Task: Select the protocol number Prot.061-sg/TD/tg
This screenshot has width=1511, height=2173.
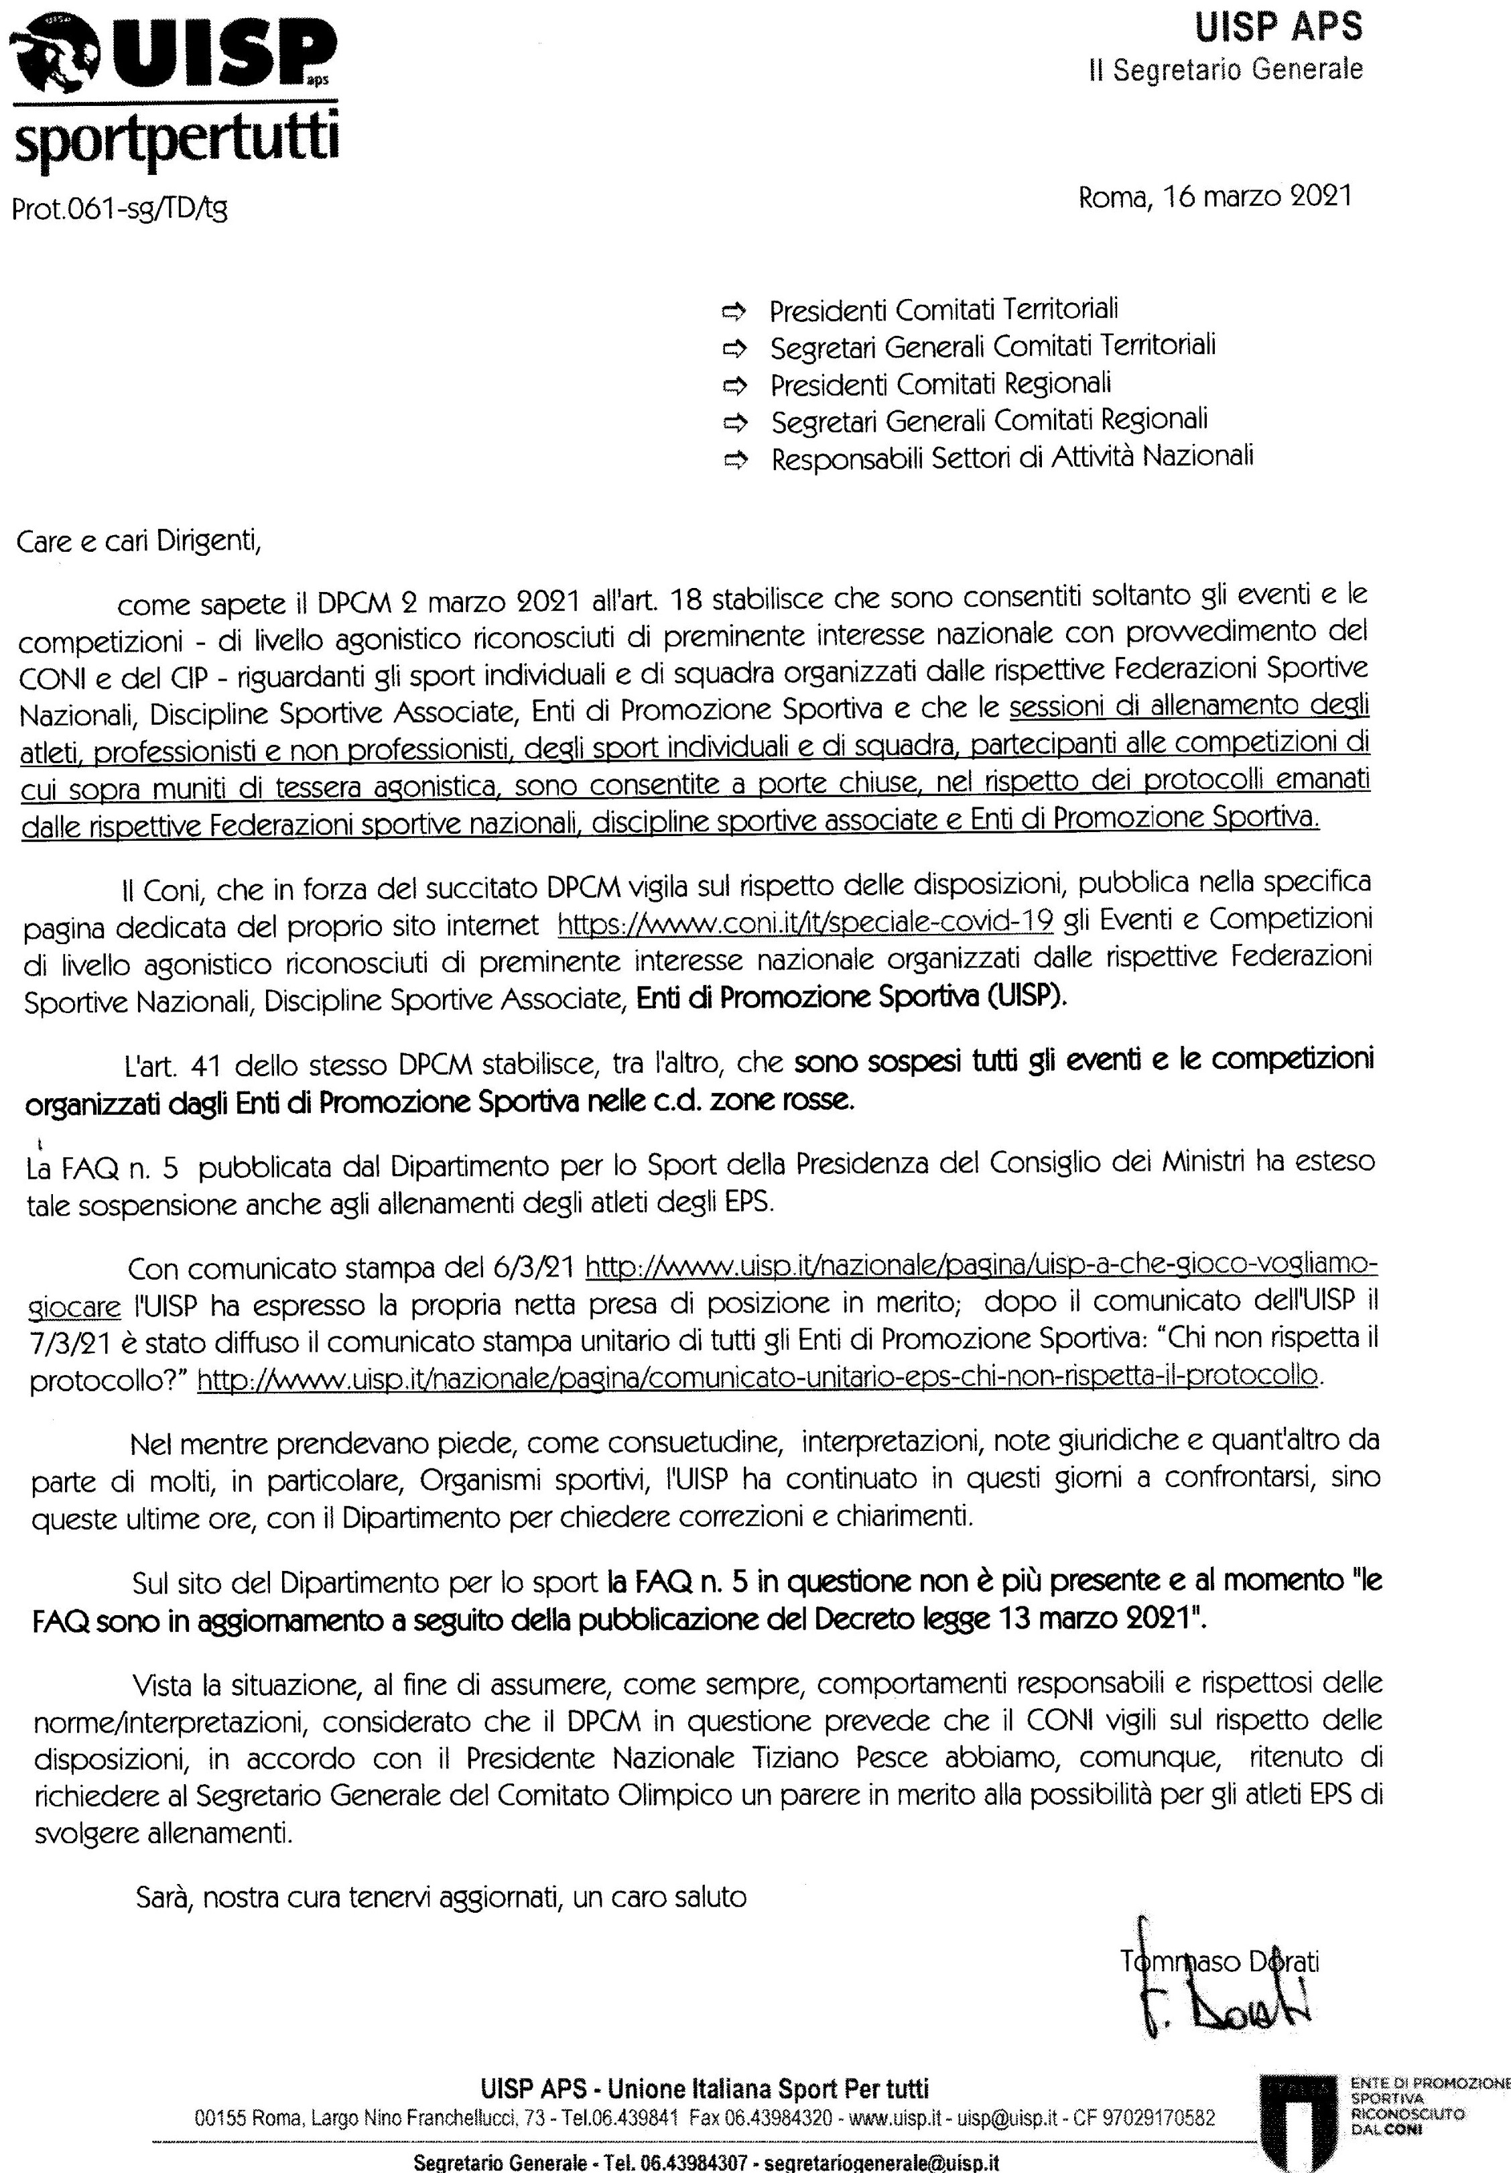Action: (119, 207)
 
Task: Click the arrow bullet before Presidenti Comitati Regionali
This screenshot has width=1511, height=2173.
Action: (734, 386)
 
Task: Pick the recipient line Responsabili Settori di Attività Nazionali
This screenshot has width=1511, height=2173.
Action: (1011, 458)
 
